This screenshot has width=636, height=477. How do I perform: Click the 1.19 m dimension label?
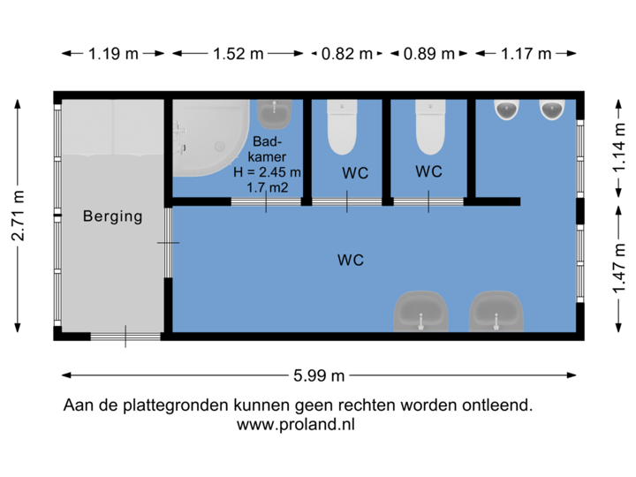coord(113,53)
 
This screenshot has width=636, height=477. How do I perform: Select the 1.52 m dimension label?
coord(238,53)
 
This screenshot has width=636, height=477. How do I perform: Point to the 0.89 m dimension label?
coord(429,53)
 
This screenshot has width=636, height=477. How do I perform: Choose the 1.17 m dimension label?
coord(526,53)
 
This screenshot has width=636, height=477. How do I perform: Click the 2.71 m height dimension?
coord(17,215)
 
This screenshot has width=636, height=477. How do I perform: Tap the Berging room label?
coord(112,216)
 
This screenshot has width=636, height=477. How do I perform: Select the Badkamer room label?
coord(268,149)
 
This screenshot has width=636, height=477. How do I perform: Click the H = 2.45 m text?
coord(268,172)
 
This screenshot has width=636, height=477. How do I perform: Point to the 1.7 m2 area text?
coord(268,187)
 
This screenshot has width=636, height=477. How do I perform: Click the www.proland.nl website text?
coord(296,425)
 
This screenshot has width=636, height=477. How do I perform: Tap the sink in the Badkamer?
coord(274,112)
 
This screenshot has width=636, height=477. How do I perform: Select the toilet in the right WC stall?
coord(429,128)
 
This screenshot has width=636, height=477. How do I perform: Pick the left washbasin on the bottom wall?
coord(420,311)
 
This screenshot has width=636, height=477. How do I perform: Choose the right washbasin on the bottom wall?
coord(497,311)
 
